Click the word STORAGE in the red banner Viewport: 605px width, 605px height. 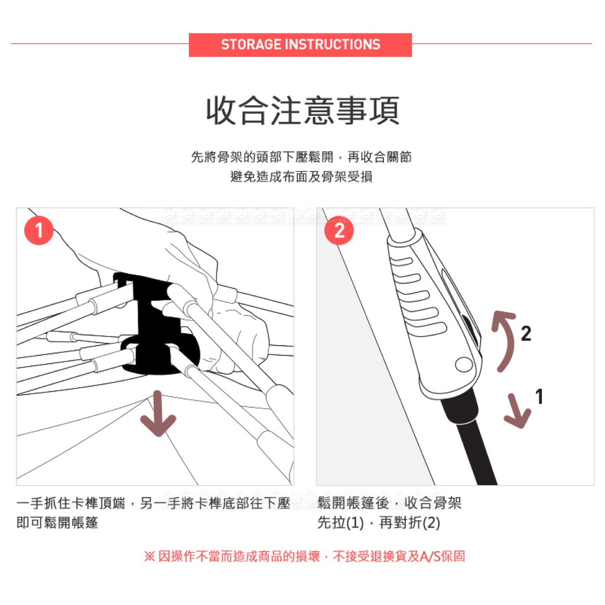[x=251, y=44]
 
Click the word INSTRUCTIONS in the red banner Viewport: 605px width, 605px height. [x=333, y=44]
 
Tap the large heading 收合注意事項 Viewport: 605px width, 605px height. [x=302, y=110]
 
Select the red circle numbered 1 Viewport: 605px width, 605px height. [x=38, y=230]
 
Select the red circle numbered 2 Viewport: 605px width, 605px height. [x=339, y=230]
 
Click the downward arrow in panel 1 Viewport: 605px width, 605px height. [x=158, y=414]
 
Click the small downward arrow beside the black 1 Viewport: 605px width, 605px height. [x=517, y=412]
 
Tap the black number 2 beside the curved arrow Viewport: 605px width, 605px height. [x=526, y=334]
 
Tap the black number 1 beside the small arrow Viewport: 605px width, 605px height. [x=539, y=396]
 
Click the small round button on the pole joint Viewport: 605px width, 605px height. [x=463, y=364]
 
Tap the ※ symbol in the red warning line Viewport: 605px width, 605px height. [x=149, y=557]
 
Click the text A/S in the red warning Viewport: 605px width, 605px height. [x=430, y=557]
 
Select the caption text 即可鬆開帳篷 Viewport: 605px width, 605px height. [x=57, y=523]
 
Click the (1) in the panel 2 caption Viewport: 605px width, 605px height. [x=355, y=523]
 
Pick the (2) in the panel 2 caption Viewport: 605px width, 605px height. [x=431, y=523]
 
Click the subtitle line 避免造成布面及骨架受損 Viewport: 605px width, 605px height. [x=301, y=177]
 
